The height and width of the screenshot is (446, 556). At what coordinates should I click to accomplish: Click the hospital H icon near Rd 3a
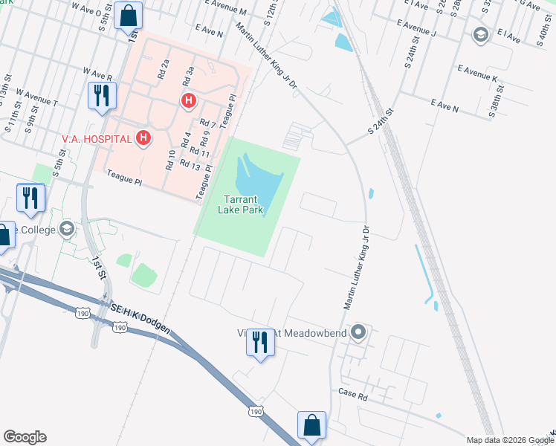click(189, 100)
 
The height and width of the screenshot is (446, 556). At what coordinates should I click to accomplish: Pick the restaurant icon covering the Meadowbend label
click(259, 342)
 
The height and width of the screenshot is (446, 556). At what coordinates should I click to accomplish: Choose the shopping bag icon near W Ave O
click(129, 15)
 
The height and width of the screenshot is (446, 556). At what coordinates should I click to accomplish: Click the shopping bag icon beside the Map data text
click(311, 426)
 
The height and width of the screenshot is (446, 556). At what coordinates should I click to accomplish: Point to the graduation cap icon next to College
click(68, 227)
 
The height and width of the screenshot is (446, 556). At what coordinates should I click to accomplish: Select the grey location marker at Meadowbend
click(359, 332)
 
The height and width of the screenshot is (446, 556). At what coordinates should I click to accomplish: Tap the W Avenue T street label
click(36, 98)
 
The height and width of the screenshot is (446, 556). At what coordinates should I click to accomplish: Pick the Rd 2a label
click(164, 69)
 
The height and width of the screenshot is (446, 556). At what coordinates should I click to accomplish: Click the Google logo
click(25, 437)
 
